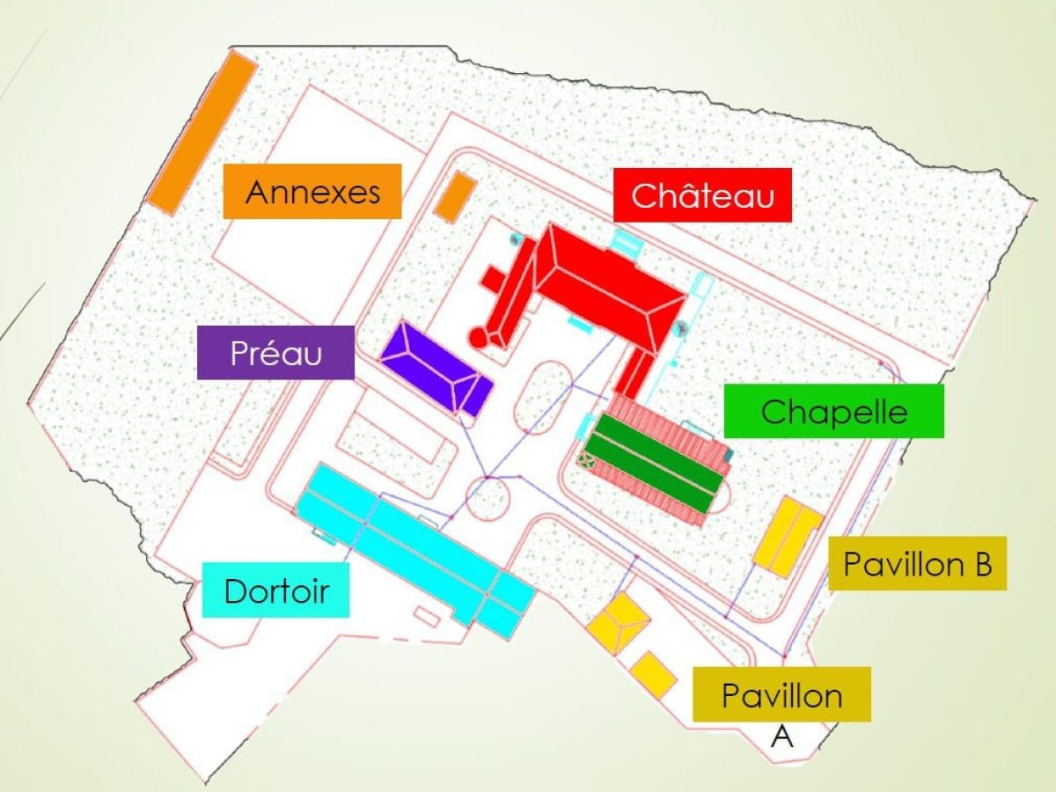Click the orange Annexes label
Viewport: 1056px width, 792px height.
312,191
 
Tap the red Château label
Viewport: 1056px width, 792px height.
702,194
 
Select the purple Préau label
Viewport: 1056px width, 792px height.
275,353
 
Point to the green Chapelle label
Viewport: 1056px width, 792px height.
833,411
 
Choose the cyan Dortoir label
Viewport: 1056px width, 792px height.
275,590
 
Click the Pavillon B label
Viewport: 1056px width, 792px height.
917,563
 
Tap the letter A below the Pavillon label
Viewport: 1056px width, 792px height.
781,736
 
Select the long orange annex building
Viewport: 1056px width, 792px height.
202,131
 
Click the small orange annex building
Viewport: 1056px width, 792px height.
455,197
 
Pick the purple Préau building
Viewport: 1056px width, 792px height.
436,368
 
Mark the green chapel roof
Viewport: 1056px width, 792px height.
656,463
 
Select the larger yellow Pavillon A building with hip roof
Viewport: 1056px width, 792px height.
620,623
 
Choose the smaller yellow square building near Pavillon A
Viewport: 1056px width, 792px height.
653,674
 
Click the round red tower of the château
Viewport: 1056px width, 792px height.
478,337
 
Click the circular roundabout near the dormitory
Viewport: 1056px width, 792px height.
488,499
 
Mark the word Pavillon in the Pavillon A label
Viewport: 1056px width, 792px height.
781,695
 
